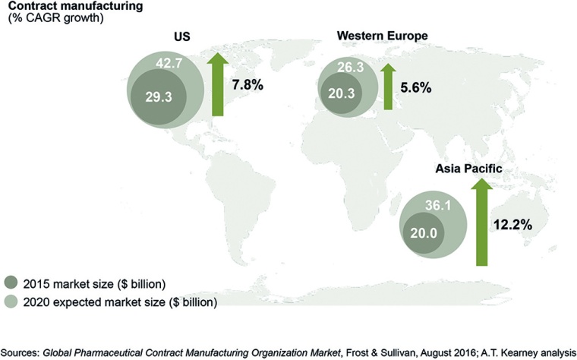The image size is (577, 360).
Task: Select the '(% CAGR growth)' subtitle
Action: pos(46,19)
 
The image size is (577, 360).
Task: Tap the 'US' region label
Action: pos(180,37)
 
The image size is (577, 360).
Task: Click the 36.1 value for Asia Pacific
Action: pos(445,204)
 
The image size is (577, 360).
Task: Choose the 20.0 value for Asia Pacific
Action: pos(424,235)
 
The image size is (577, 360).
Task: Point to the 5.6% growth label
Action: pos(415,88)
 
